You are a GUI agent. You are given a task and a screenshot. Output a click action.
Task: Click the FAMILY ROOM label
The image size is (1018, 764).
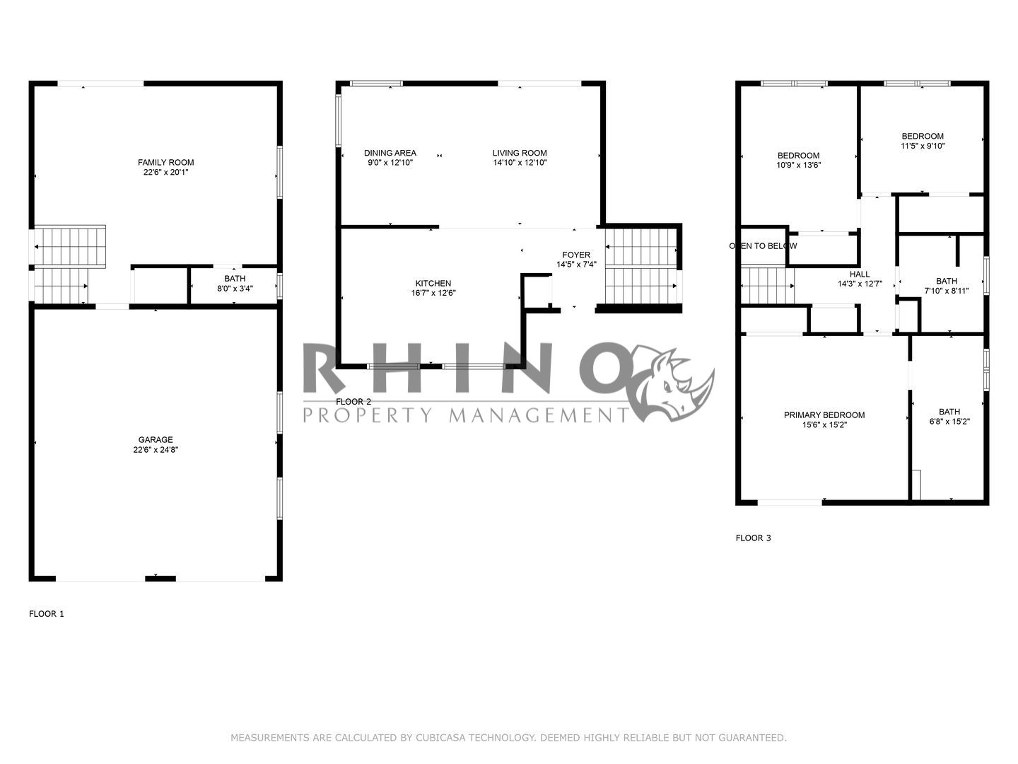[165, 162]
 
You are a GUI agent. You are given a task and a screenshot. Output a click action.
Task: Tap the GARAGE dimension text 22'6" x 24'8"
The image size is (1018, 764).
[156, 450]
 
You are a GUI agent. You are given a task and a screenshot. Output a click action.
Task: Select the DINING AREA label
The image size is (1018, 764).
[390, 153]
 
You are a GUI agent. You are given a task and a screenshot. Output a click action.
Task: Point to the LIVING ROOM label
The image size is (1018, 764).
[520, 153]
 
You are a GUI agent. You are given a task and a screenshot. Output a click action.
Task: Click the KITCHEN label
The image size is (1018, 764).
[433, 284]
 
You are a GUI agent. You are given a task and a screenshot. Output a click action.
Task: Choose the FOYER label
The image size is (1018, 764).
[576, 255]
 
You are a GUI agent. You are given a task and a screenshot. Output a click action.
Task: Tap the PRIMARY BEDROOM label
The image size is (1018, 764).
[824, 415]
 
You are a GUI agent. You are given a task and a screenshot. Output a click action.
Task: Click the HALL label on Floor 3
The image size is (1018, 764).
[860, 274]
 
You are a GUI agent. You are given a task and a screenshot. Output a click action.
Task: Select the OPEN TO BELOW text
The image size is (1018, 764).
[763, 246]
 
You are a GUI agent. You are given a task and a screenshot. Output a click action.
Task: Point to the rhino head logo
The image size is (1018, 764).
[672, 382]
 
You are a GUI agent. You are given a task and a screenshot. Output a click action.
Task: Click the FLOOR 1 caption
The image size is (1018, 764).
[47, 614]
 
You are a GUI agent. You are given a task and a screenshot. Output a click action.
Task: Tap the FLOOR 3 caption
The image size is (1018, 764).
[753, 538]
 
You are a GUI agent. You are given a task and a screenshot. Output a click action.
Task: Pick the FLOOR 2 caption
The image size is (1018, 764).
[353, 402]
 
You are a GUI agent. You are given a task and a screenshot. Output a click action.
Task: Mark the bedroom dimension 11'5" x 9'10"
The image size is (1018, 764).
[923, 146]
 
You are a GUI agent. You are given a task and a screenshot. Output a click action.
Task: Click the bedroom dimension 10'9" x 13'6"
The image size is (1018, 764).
[798, 166]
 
